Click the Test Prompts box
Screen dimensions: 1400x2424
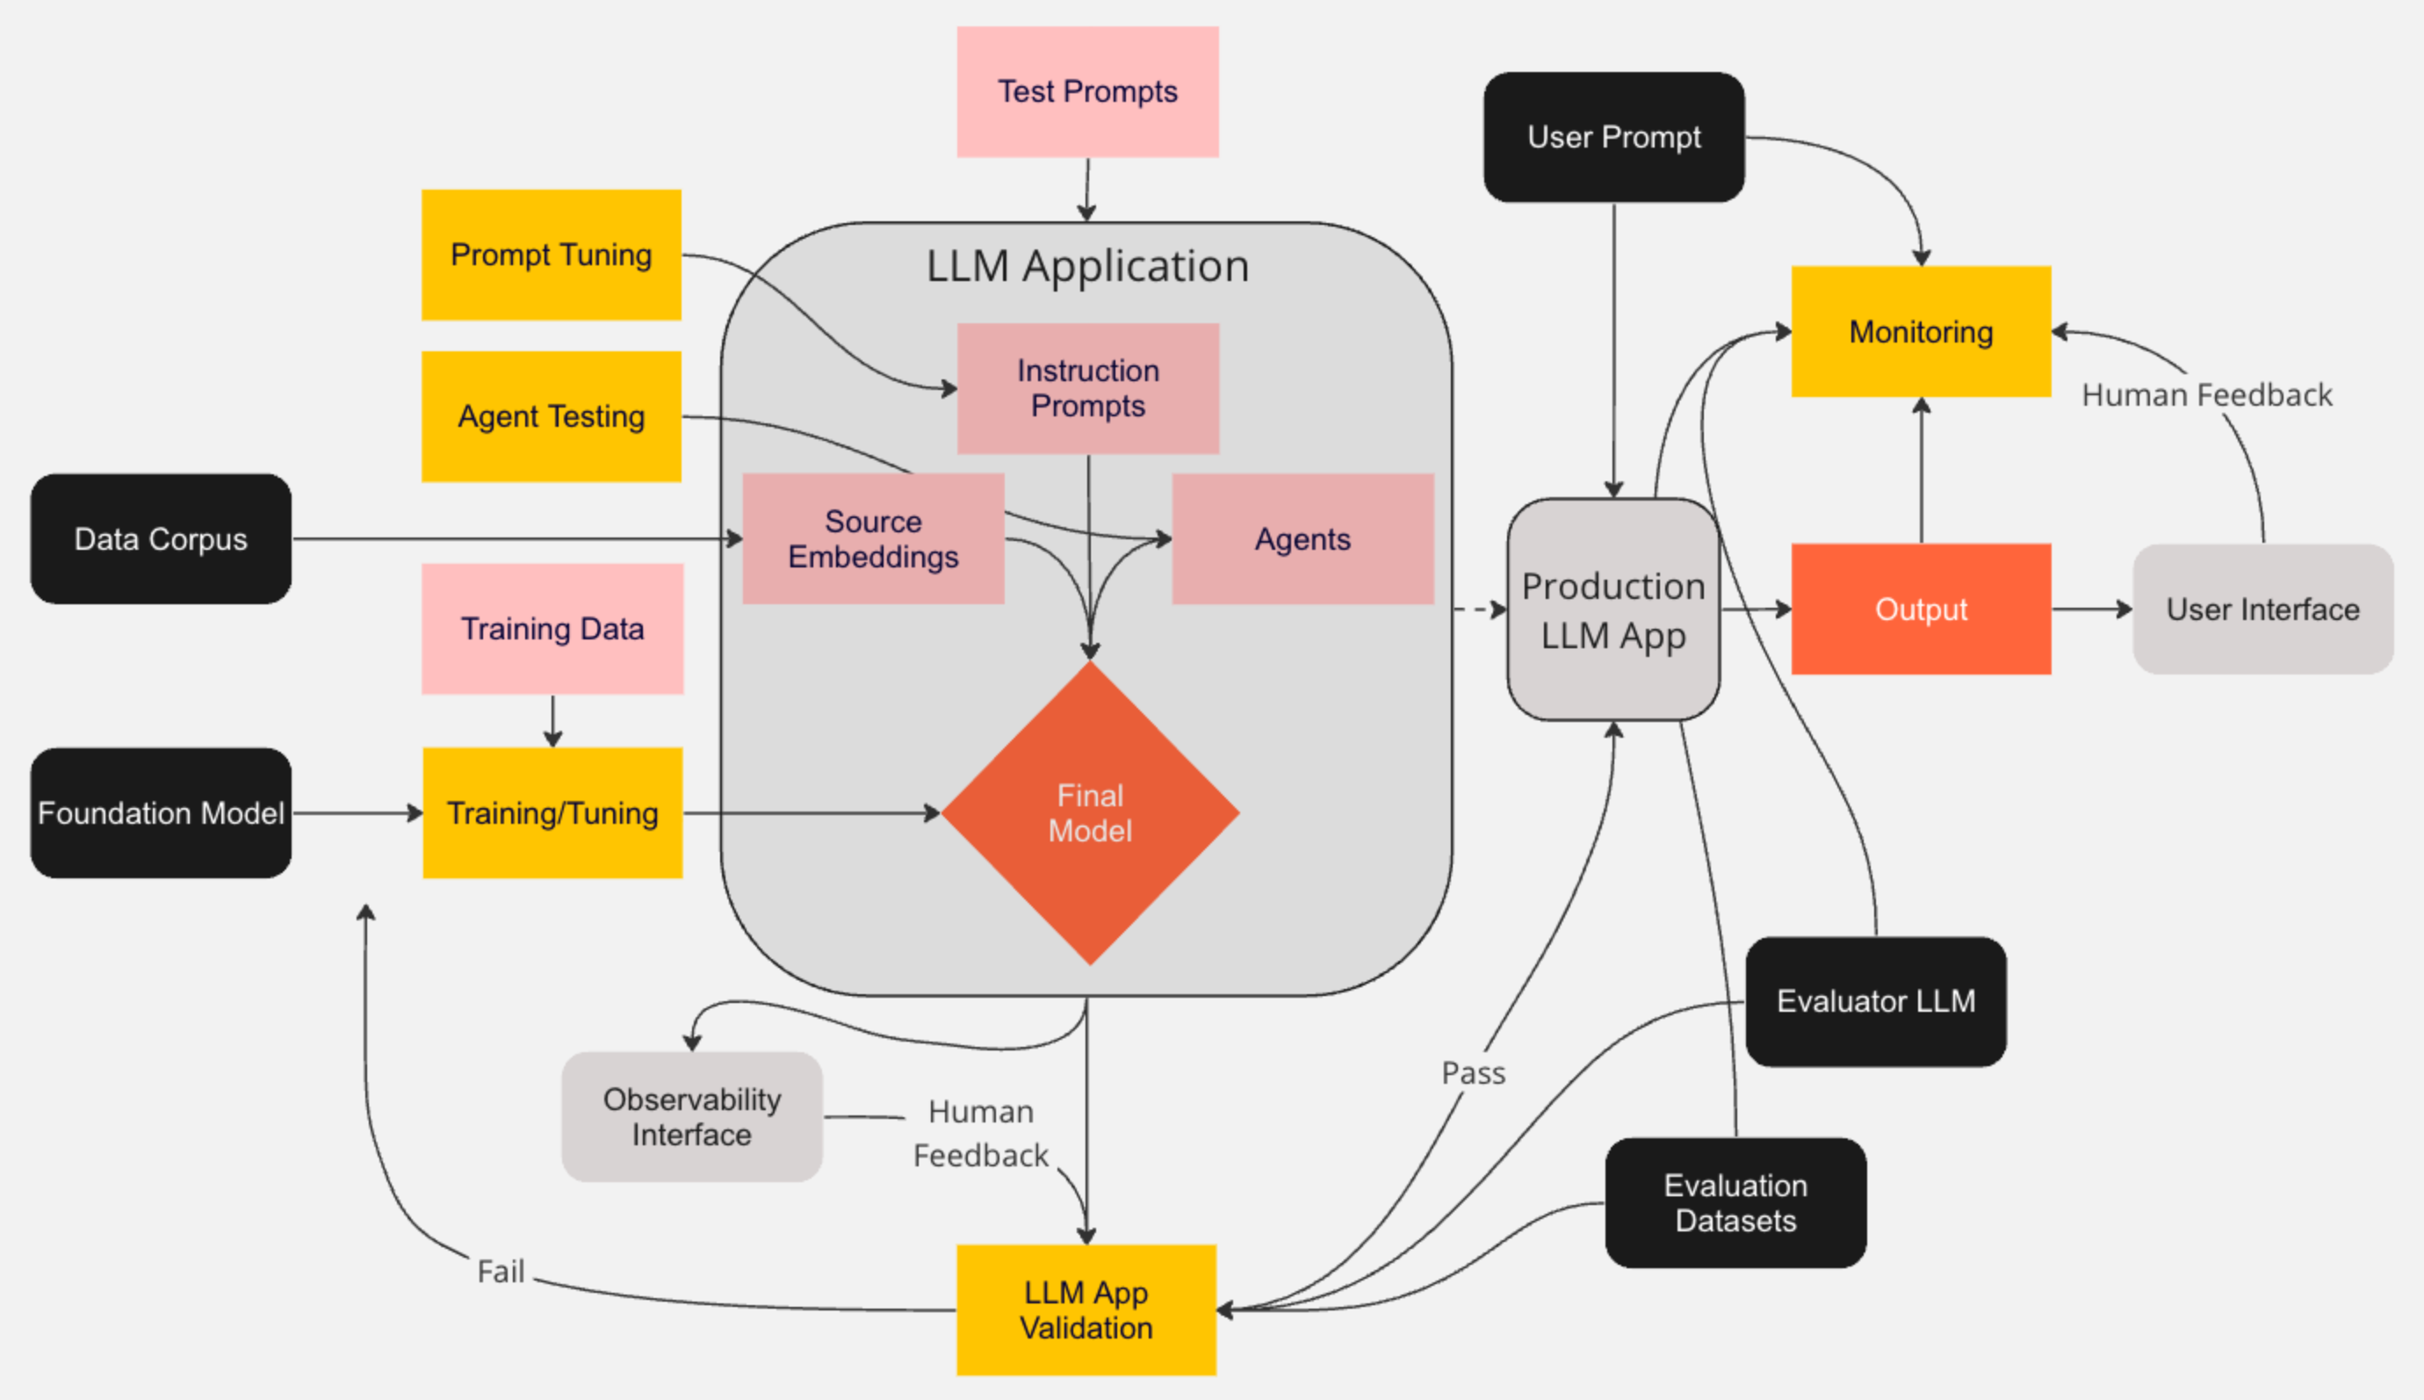1087,91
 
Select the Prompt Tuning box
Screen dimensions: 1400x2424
551,255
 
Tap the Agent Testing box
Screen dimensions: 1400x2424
551,416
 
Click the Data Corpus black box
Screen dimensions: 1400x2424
161,538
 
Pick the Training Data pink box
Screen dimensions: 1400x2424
552,629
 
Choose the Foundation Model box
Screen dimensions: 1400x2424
161,812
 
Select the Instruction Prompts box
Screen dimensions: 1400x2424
1087,388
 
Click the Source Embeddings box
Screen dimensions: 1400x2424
873,538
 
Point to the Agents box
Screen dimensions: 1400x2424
1302,538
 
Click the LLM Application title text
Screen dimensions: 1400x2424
1087,266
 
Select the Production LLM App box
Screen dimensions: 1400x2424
1612,610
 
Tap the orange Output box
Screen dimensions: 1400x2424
1920,610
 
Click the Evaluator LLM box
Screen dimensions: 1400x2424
1875,1001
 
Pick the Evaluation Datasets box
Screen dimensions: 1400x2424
1735,1203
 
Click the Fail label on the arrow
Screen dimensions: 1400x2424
501,1271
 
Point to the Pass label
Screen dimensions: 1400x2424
1473,1073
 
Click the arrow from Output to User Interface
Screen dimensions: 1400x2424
2091,610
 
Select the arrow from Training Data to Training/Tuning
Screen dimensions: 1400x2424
553,720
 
